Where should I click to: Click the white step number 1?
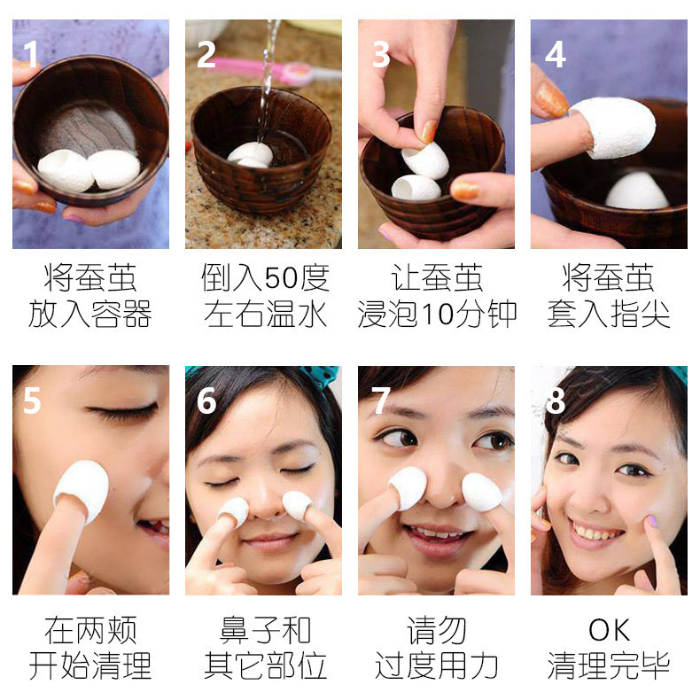pyautogui.click(x=30, y=54)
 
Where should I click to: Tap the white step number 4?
pyautogui.click(x=556, y=54)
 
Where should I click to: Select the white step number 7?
pyautogui.click(x=380, y=400)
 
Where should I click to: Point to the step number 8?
pyautogui.click(x=556, y=400)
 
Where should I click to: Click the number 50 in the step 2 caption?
pyautogui.click(x=280, y=277)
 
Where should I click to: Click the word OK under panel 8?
pyautogui.click(x=609, y=630)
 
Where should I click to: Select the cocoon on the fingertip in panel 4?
pyautogui.click(x=613, y=128)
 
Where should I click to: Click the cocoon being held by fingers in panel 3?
pyautogui.click(x=424, y=160)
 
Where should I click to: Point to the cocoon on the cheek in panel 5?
pyautogui.click(x=82, y=490)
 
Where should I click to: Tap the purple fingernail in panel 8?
pyautogui.click(x=652, y=520)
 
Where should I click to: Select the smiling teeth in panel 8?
pyautogui.click(x=596, y=531)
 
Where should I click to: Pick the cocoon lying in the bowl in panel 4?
pyautogui.click(x=636, y=191)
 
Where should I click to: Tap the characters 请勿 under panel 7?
pyautogui.click(x=436, y=630)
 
